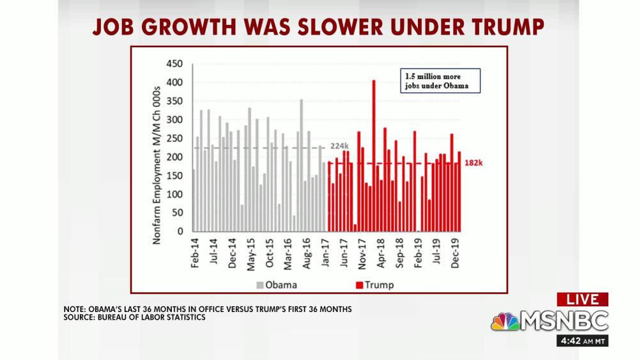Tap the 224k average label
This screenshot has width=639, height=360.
(x=339, y=146)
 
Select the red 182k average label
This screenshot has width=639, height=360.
(x=473, y=163)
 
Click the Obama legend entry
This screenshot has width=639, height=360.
(x=277, y=285)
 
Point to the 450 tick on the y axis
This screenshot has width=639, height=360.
(x=174, y=64)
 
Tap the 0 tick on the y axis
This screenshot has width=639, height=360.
(x=180, y=231)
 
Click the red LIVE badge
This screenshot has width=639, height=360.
(x=582, y=299)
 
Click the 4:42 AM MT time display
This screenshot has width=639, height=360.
(x=582, y=340)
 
